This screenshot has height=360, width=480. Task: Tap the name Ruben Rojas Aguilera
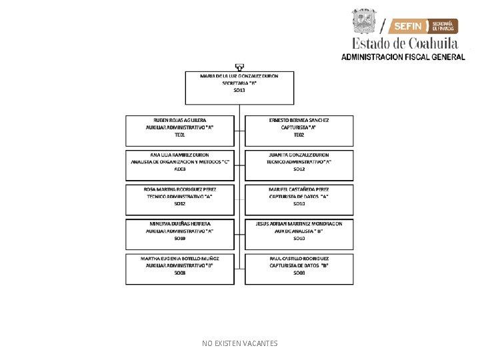[179, 120]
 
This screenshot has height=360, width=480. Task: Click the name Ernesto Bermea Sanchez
[299, 120]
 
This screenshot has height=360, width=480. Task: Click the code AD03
[179, 169]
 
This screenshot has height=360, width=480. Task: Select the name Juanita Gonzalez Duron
[299, 155]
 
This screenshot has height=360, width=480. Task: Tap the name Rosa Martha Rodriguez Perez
[179, 189]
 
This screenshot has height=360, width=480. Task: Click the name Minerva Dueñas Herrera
[180, 223]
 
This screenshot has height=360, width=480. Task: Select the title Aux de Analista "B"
[299, 231]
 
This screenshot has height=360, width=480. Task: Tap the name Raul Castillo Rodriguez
[299, 257]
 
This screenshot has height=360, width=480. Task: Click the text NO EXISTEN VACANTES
[240, 343]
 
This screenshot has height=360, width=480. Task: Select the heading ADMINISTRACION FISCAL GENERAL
[403, 57]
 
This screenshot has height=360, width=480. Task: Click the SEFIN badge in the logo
[408, 26]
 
